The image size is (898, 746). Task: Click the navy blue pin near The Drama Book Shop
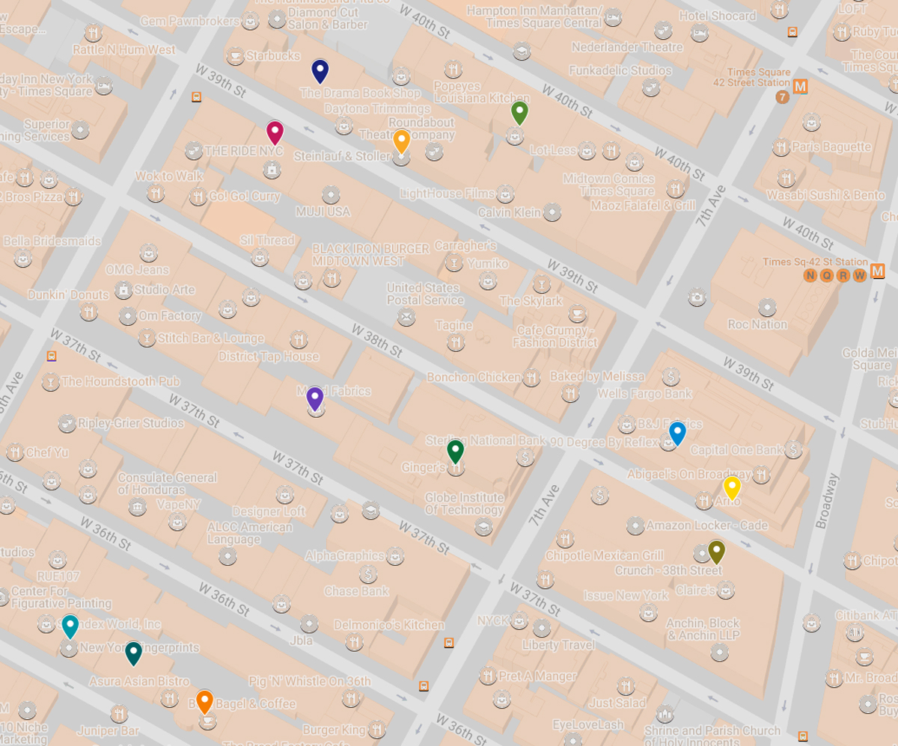click(x=320, y=71)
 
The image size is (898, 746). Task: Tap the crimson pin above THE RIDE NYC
click(x=275, y=132)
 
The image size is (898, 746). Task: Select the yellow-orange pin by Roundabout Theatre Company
click(x=401, y=141)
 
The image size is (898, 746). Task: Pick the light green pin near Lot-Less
click(x=519, y=113)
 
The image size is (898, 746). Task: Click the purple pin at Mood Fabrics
click(x=315, y=398)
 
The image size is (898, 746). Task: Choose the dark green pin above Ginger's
click(x=455, y=451)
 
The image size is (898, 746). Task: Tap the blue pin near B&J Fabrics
click(x=677, y=433)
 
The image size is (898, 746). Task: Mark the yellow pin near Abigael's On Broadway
click(x=731, y=487)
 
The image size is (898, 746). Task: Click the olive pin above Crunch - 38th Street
click(x=716, y=552)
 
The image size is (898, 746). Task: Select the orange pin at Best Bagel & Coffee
click(x=204, y=702)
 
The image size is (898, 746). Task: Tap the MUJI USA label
click(x=323, y=212)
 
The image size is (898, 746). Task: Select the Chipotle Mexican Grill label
click(x=604, y=555)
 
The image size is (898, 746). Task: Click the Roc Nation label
click(x=757, y=324)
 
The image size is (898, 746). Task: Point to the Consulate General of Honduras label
click(x=167, y=484)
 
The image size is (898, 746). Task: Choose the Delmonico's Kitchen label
click(x=389, y=624)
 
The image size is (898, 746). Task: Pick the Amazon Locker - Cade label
click(x=707, y=525)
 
